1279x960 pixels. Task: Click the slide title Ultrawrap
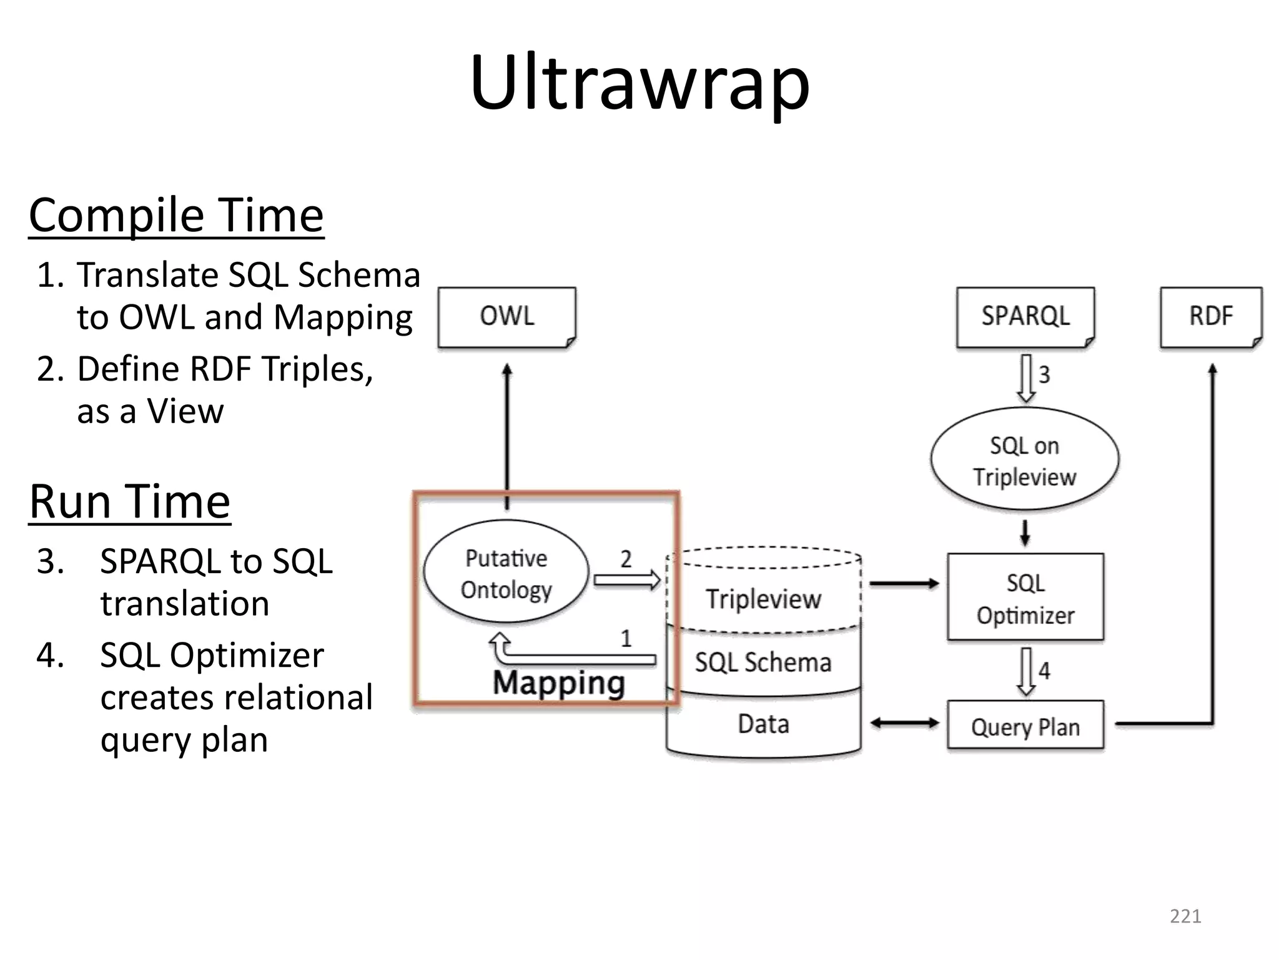tap(639, 83)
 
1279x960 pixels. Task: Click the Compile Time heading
tap(176, 215)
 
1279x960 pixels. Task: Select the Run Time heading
tap(130, 501)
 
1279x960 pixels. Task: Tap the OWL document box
tap(506, 316)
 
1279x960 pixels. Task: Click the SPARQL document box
tap(1025, 316)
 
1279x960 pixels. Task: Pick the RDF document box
tap(1210, 316)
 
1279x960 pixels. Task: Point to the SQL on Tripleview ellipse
tap(1024, 461)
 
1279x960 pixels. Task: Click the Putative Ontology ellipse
tap(506, 573)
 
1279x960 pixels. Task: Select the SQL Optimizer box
tap(1025, 598)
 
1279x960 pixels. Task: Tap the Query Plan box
tap(1025, 726)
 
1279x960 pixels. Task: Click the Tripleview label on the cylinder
tap(763, 599)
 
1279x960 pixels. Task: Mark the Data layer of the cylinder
tap(763, 724)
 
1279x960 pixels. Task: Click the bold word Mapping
tap(558, 682)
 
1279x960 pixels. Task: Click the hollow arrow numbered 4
tap(1026, 672)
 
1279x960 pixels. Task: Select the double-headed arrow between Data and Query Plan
tap(904, 724)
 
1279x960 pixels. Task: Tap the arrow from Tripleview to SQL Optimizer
tap(904, 584)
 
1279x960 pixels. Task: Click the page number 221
tap(1185, 916)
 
